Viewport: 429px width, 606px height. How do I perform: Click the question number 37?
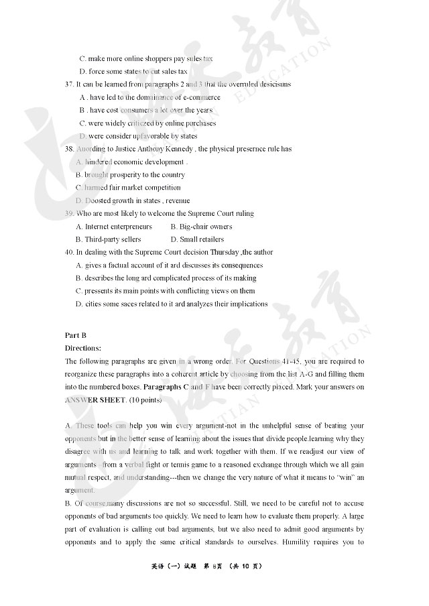click(x=69, y=84)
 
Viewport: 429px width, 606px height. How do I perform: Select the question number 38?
click(x=69, y=149)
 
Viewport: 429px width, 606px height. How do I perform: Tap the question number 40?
click(x=69, y=252)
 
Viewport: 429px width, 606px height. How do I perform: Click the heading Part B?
click(x=75, y=335)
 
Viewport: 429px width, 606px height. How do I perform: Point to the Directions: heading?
click(x=83, y=348)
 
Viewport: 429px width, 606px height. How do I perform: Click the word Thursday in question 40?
click(x=225, y=252)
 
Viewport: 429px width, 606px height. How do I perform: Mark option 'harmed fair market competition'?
click(x=132, y=188)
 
